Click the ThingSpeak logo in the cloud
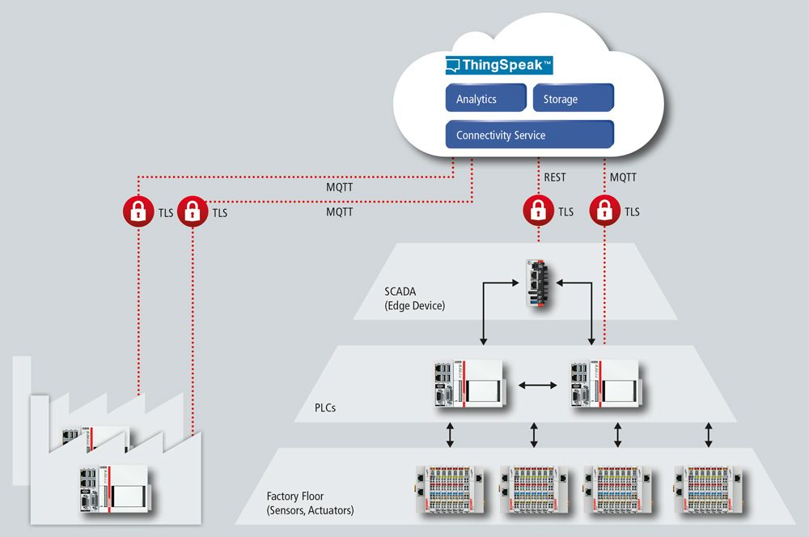(499, 65)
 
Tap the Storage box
(573, 99)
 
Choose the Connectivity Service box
(530, 135)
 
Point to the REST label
(555, 177)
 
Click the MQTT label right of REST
(623, 177)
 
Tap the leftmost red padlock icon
(138, 212)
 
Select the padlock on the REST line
(537, 211)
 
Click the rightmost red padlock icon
(604, 211)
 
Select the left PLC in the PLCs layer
(466, 383)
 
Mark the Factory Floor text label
(310, 502)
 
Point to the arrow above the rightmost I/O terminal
(709, 435)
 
